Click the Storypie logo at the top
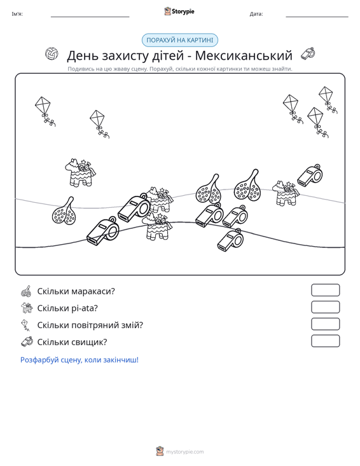179,11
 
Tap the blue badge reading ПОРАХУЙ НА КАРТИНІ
180,40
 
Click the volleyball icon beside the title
52,54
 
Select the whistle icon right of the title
308,54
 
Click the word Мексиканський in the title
244,55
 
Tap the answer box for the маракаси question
326,290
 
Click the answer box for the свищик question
326,341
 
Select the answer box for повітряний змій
326,324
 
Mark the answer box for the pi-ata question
326,307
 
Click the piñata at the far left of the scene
80,172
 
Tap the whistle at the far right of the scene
310,175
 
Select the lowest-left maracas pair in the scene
64,211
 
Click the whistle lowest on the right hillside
230,240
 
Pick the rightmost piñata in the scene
286,193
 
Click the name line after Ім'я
90,17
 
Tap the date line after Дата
317,17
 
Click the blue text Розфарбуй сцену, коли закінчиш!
80,360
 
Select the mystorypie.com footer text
184,452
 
